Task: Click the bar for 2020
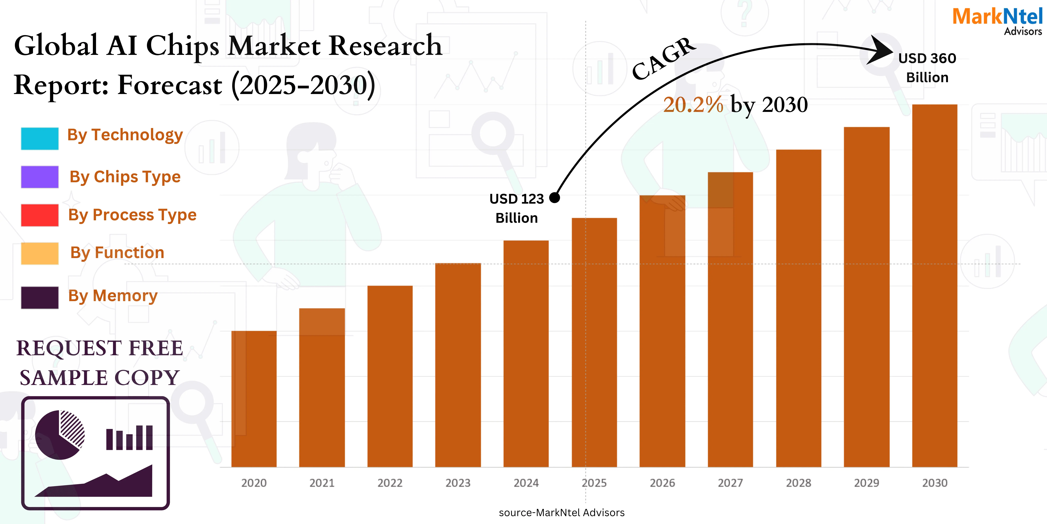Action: click(254, 399)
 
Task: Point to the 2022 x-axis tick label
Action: click(390, 483)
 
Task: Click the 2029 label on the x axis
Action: click(867, 483)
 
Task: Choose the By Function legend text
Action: click(117, 253)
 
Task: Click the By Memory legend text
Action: click(113, 296)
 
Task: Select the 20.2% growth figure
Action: click(693, 105)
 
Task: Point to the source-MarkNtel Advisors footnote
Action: click(561, 513)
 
